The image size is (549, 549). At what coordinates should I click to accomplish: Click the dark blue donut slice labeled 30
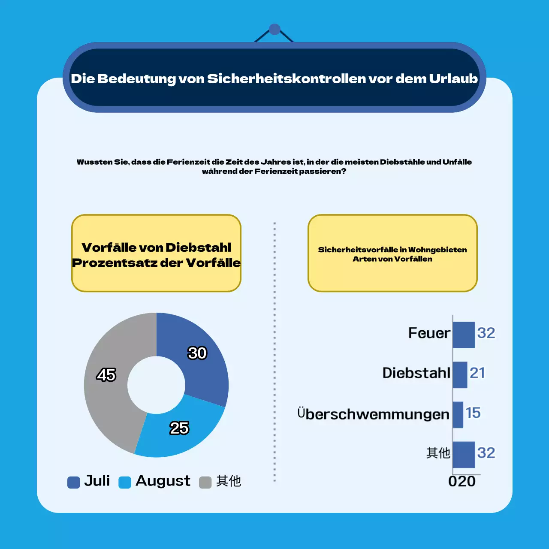(x=202, y=365)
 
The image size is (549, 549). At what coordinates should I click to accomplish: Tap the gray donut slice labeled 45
(x=107, y=386)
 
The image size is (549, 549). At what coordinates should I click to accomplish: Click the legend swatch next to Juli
(x=74, y=482)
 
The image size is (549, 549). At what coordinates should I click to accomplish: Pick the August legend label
(x=163, y=481)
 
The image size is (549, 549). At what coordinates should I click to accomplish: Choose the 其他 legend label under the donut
(x=228, y=481)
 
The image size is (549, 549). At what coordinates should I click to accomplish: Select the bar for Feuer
(x=464, y=335)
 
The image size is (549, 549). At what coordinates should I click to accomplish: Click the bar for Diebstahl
(x=460, y=374)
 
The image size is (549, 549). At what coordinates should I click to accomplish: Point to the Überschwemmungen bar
(x=458, y=414)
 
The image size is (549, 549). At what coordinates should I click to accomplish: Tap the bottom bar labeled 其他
(x=464, y=454)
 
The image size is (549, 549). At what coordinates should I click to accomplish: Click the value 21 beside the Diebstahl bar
(x=477, y=373)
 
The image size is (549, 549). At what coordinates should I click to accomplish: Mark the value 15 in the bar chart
(x=473, y=413)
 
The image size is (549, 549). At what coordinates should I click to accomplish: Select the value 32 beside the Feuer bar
(x=486, y=333)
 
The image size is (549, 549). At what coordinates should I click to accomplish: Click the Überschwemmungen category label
(x=373, y=414)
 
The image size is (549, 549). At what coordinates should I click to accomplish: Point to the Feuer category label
(x=429, y=333)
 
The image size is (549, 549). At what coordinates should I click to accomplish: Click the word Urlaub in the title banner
(x=453, y=78)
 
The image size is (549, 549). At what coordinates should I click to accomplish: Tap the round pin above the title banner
(x=274, y=30)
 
